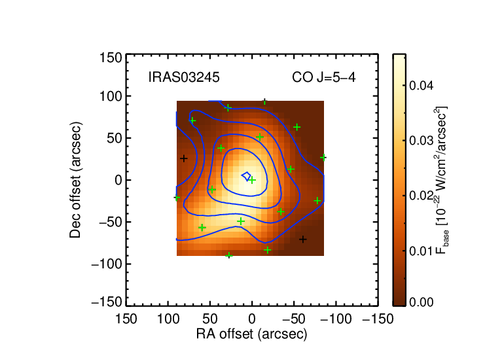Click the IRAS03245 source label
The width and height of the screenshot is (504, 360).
[184, 77]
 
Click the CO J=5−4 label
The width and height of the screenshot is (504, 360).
[324, 77]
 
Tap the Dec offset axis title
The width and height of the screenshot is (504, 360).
[75, 180]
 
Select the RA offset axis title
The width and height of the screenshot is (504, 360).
[252, 334]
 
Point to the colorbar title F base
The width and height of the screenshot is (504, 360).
[442, 180]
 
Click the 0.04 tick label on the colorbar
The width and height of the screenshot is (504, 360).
[421, 86]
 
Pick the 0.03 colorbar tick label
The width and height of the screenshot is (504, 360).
[421, 141]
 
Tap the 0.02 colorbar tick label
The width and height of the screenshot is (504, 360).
[421, 196]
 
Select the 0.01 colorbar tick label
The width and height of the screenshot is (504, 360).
[421, 251]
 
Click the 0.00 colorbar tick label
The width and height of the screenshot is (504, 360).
[421, 302]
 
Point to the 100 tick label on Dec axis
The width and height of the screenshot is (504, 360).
[111, 96]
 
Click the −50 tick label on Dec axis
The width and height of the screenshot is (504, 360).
[110, 222]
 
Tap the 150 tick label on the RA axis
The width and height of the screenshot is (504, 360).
[126, 319]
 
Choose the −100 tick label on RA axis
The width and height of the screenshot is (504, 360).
[336, 319]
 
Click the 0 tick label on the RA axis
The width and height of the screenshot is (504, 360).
[252, 319]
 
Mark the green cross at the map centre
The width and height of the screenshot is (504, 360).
[252, 180]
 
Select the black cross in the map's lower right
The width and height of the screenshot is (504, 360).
[303, 239]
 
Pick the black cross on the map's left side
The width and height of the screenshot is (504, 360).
[183, 158]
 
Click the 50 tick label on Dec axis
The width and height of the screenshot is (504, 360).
[115, 138]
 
